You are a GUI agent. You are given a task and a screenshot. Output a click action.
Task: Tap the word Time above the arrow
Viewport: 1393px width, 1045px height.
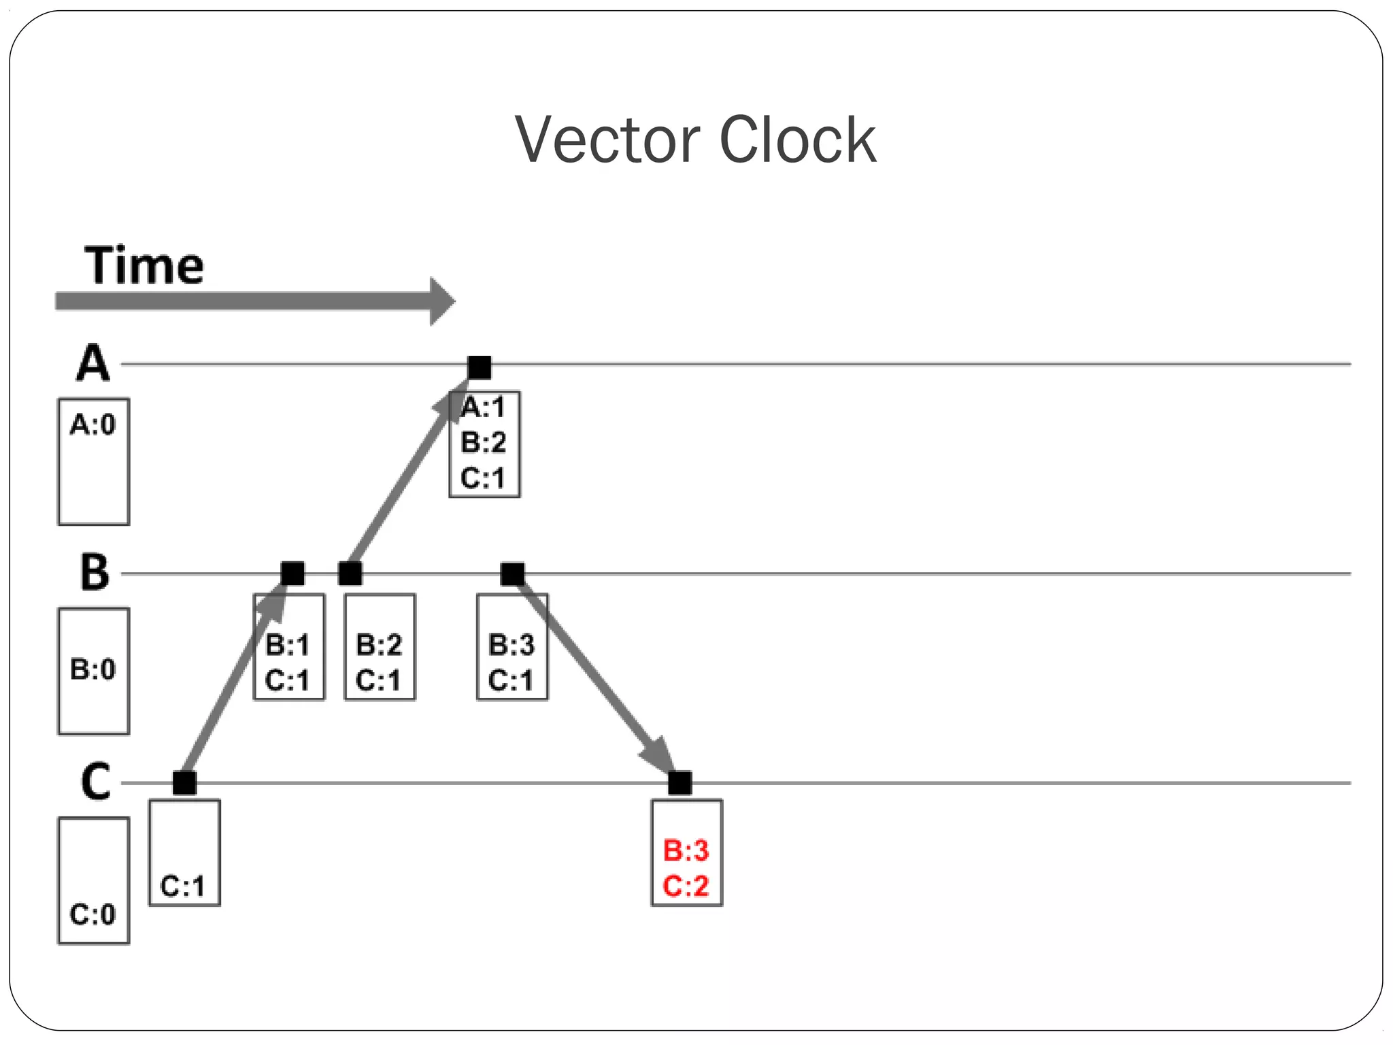[144, 265]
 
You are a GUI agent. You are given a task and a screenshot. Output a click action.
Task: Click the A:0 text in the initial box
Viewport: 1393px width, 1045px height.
[93, 425]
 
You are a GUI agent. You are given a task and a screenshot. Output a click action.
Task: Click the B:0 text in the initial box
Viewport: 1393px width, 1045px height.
[93, 669]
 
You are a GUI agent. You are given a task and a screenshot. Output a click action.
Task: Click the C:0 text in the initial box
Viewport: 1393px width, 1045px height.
[93, 914]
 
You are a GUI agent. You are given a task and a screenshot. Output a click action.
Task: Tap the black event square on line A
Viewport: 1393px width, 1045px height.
[480, 367]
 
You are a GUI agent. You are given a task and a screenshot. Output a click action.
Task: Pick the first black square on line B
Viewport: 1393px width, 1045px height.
[292, 574]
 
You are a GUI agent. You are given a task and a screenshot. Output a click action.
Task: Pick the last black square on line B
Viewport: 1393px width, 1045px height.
[512, 574]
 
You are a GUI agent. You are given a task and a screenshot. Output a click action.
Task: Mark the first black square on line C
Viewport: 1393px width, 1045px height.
[184, 783]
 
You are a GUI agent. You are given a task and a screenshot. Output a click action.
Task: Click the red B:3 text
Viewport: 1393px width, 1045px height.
[686, 850]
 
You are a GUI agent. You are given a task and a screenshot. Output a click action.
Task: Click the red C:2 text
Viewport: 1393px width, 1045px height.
[686, 886]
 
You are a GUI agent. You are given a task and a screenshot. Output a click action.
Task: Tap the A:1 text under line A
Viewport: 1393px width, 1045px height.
[484, 407]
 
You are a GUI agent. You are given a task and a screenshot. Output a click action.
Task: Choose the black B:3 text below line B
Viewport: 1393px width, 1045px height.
[511, 644]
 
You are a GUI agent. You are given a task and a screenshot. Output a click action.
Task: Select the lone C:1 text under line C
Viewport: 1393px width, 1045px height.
[182, 886]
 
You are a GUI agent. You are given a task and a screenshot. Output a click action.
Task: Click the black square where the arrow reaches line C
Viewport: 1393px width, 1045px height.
[679, 783]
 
